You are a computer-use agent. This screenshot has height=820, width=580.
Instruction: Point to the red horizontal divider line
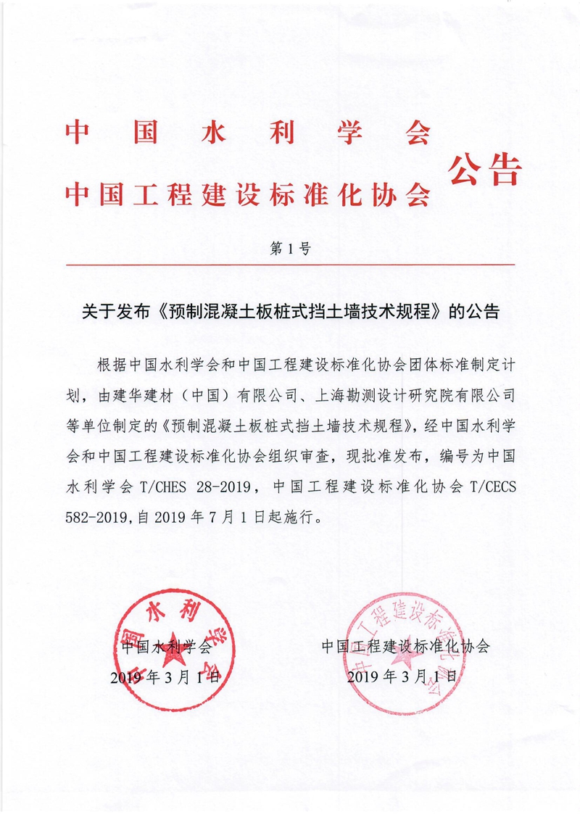pos(290,265)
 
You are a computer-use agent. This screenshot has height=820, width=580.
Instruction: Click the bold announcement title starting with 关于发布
pos(289,312)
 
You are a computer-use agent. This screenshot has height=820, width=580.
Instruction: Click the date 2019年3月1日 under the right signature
pos(403,679)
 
